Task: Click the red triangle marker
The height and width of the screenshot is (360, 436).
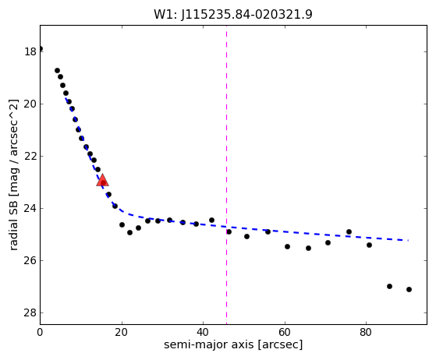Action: [102, 180]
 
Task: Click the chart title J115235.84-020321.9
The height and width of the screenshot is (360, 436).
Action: [233, 14]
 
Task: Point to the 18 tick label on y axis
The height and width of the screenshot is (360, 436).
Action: [30, 52]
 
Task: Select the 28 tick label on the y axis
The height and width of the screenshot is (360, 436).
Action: [30, 313]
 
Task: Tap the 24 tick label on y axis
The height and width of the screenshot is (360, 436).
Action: [30, 209]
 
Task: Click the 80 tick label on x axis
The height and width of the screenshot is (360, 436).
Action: [366, 332]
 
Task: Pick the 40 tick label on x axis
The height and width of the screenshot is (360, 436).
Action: [203, 332]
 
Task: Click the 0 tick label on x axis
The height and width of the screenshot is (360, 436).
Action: [40, 332]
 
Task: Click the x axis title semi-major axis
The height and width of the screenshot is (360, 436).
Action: [233, 344]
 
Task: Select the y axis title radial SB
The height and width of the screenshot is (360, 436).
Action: [13, 175]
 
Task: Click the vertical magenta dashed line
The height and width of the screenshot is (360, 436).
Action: [227, 175]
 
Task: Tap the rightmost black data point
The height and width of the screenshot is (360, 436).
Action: [409, 289]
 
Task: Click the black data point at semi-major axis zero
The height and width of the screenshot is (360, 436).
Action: [40, 49]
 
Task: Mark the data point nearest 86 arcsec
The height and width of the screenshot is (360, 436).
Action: [389, 287]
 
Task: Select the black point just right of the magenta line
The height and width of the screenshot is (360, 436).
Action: [229, 231]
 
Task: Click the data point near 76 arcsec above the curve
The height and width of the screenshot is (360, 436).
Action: [349, 231]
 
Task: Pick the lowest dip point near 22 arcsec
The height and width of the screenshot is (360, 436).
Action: [129, 232]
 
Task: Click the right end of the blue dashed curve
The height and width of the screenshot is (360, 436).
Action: [408, 240]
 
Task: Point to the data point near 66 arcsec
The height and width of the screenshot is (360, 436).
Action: [308, 248]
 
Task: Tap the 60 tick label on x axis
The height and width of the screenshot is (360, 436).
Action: [285, 332]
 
